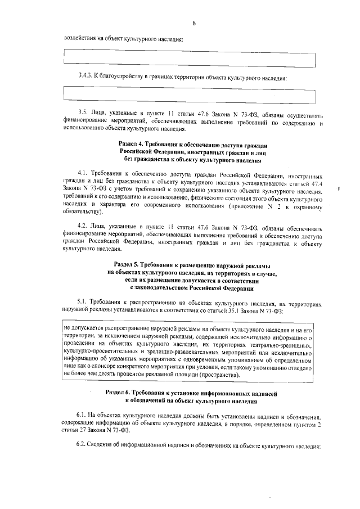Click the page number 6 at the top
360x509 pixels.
click(193, 23)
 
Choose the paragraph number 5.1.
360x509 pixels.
click(82, 302)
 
